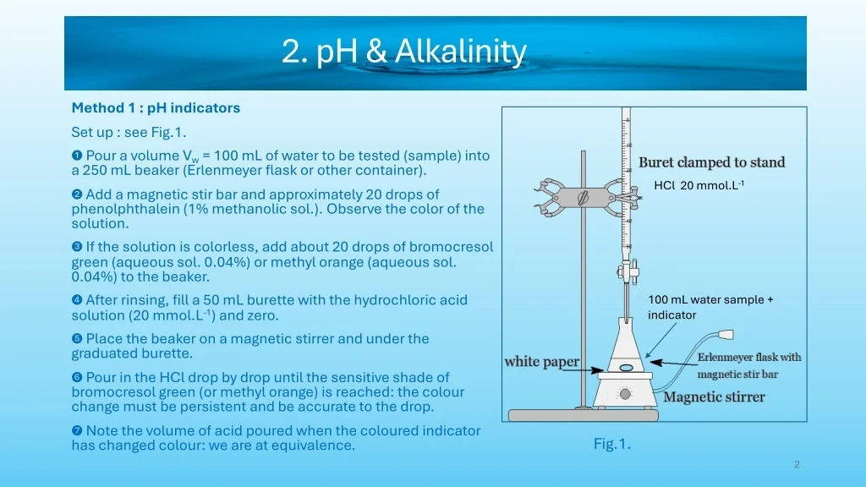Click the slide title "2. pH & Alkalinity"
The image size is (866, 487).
(403, 52)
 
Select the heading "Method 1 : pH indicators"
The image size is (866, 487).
(156, 107)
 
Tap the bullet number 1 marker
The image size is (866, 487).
(77, 156)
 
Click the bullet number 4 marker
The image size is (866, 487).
(77, 300)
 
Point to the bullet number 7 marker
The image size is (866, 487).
(77, 430)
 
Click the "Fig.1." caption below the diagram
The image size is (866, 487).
(612, 444)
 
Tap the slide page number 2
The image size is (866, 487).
(797, 464)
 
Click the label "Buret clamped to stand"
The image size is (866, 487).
(712, 162)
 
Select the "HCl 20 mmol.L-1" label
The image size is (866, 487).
(699, 185)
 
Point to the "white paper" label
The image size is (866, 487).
(542, 362)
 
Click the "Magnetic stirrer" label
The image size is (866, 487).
(714, 397)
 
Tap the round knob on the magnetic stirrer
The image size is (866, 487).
(625, 394)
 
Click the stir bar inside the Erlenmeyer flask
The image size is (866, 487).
(627, 367)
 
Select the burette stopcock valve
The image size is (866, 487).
(628, 271)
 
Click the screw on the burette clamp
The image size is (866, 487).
(584, 197)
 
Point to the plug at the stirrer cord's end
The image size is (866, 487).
(725, 335)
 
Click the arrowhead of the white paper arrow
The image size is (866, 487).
(597, 369)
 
